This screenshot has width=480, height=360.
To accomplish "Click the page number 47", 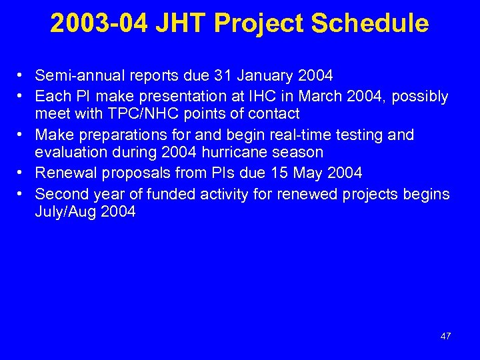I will click(445, 336).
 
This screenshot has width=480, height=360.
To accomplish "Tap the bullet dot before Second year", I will click(22, 194).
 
